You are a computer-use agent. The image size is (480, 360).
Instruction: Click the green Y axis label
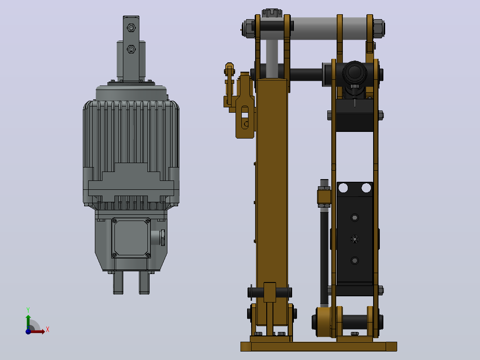[28, 310]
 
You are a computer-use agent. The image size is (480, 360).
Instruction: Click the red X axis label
[48, 330]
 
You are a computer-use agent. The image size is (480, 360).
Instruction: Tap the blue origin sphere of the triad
[28, 331]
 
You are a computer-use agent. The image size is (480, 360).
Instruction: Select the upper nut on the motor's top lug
[131, 28]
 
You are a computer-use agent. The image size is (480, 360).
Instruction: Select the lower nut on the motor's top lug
[131, 49]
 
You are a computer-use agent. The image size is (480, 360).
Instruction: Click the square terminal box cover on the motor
[131, 237]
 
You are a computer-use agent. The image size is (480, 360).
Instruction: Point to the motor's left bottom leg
[118, 283]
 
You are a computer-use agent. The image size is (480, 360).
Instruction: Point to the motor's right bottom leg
[144, 283]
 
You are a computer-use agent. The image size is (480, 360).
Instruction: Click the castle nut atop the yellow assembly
[272, 13]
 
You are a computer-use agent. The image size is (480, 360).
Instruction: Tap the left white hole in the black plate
[343, 188]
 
